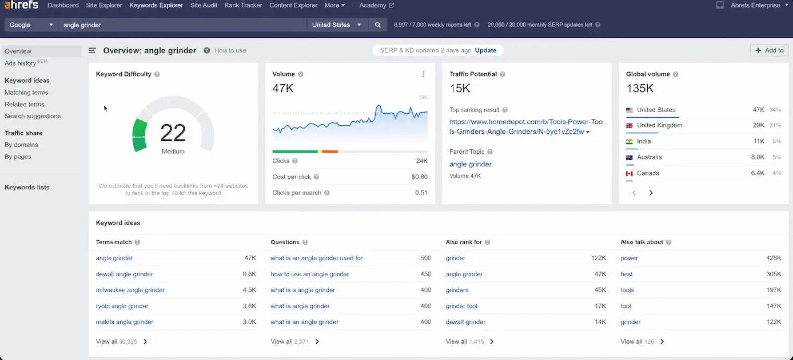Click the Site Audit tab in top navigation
(x=203, y=5)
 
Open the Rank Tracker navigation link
(x=243, y=5)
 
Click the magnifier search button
(x=378, y=25)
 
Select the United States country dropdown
(x=336, y=25)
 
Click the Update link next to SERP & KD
(x=485, y=50)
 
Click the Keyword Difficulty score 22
(x=173, y=133)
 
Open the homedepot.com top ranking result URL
(x=526, y=127)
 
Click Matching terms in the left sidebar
(x=26, y=92)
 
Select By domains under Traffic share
(x=21, y=145)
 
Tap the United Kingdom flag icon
(x=629, y=125)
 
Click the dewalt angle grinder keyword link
(x=124, y=274)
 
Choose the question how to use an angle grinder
(x=310, y=274)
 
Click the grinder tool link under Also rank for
(x=461, y=306)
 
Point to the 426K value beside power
(x=773, y=258)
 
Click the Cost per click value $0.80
(x=419, y=177)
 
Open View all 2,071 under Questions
(x=295, y=342)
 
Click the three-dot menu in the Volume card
(x=423, y=74)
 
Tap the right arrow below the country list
(x=651, y=193)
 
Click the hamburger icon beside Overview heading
(x=92, y=50)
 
